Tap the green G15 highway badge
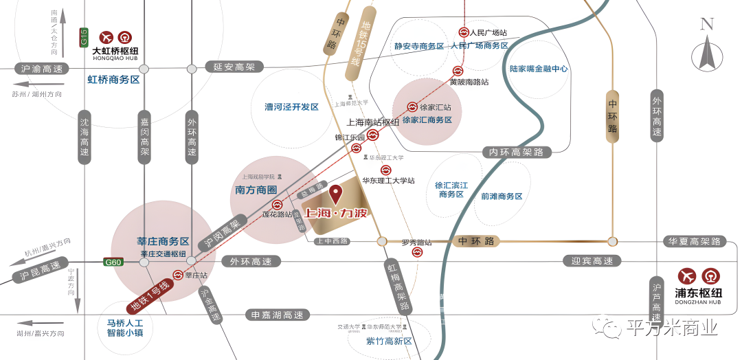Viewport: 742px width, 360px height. point(84,37)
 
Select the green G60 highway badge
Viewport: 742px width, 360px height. point(113,262)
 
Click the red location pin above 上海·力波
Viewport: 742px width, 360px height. point(336,194)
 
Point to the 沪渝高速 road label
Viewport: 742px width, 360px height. point(42,69)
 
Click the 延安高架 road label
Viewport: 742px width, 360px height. point(234,67)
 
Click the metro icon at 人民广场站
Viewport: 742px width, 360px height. point(464,32)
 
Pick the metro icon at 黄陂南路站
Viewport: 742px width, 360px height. point(458,71)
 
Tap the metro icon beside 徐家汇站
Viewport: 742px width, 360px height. point(412,107)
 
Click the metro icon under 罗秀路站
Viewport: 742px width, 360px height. point(417,253)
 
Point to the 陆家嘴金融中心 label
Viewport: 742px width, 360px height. point(539,69)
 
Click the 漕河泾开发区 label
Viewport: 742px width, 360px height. point(292,107)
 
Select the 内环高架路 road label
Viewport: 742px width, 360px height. point(517,152)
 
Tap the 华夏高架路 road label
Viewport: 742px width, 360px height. point(695,242)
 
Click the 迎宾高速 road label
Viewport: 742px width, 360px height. point(592,261)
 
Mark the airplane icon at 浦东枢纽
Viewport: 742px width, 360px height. point(687,276)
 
